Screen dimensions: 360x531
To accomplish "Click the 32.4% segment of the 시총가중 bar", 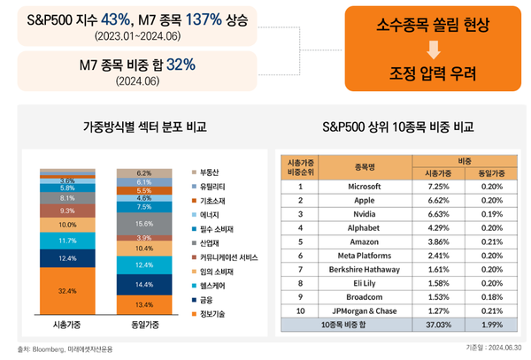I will click(x=67, y=290).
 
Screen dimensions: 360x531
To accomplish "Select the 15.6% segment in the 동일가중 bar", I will click(x=143, y=225).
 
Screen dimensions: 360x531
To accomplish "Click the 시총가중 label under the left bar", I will click(x=67, y=325).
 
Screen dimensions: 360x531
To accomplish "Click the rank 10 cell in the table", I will click(x=300, y=310).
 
